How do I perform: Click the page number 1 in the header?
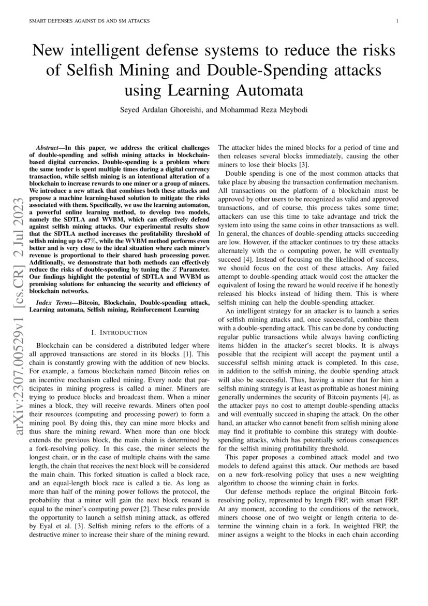point(396,21)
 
